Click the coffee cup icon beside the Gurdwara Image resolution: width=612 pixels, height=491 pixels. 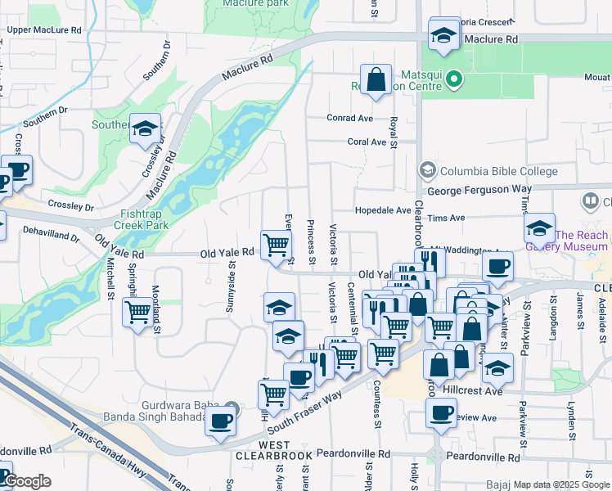tap(220, 421)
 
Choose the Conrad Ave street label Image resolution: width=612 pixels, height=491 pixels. tap(349, 118)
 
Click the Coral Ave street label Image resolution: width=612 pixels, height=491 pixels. tap(366, 142)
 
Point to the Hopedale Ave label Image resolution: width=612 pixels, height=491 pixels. tap(382, 210)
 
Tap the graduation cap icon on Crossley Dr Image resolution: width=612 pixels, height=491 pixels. tap(145, 129)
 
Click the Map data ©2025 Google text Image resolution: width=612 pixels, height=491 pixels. tap(561, 484)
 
